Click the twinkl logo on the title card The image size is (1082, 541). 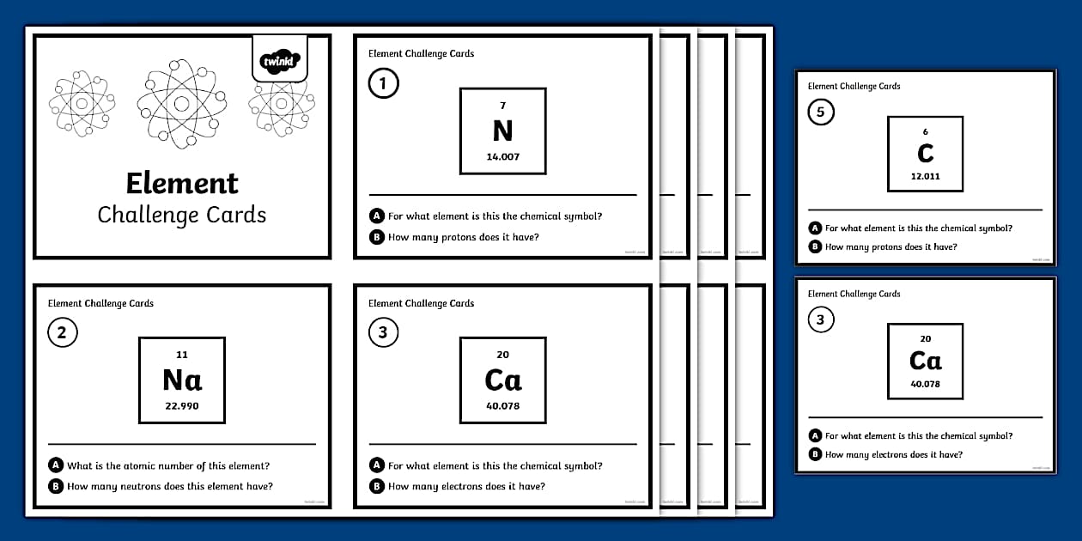[279, 61]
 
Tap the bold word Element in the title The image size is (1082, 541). [182, 183]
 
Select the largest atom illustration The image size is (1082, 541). [181, 104]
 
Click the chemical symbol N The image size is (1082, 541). [502, 131]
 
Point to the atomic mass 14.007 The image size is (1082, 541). [502, 157]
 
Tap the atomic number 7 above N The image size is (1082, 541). [502, 106]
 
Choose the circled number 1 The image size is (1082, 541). [383, 84]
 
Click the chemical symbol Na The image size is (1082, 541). [182, 380]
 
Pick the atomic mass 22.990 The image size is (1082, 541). [182, 406]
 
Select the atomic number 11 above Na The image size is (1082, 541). [182, 355]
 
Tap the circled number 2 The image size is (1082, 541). [62, 333]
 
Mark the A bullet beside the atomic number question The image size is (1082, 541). [57, 465]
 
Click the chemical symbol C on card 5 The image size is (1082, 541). [925, 153]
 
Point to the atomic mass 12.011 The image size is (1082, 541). [925, 176]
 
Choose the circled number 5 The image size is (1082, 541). [821, 112]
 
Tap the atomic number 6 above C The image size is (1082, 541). [925, 132]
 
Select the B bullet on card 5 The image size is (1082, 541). [814, 247]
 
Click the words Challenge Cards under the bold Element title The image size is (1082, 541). [182, 215]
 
